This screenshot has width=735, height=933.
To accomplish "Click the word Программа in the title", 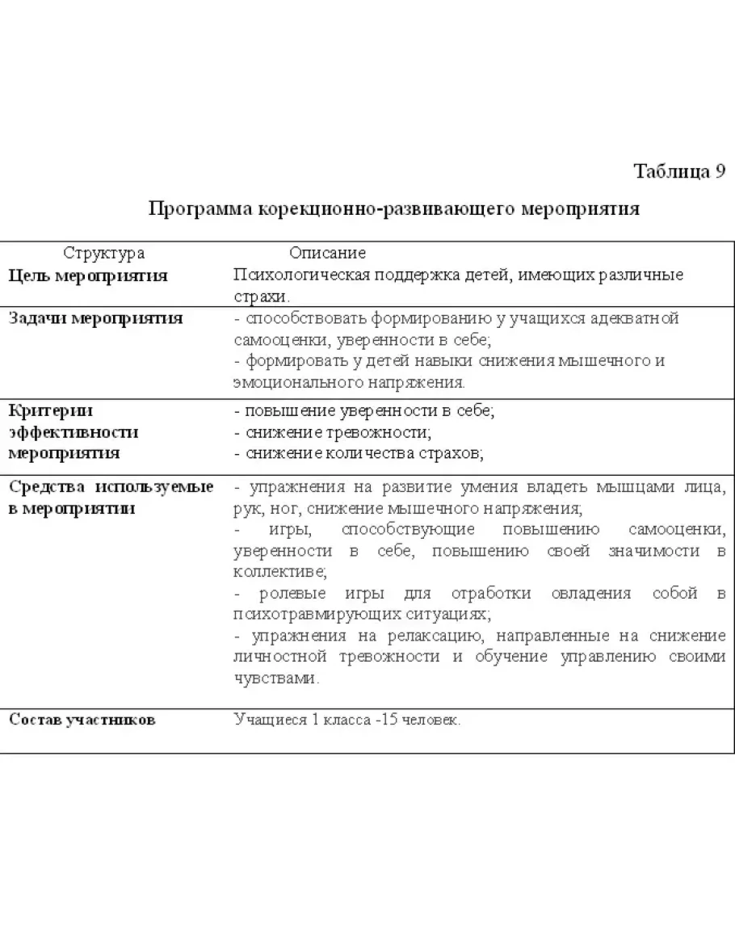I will pyautogui.click(x=199, y=209).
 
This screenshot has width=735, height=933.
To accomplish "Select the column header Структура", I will pyautogui.click(x=104, y=254).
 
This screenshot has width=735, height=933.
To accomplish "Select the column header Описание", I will pyautogui.click(x=327, y=254).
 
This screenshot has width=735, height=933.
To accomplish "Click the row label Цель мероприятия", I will pyautogui.click(x=88, y=275).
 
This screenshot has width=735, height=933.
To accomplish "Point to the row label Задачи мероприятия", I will pyautogui.click(x=95, y=317).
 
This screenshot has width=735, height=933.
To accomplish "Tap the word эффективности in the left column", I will pyautogui.click(x=73, y=432).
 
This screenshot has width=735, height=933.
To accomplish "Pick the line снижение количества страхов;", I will pyautogui.click(x=359, y=453).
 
